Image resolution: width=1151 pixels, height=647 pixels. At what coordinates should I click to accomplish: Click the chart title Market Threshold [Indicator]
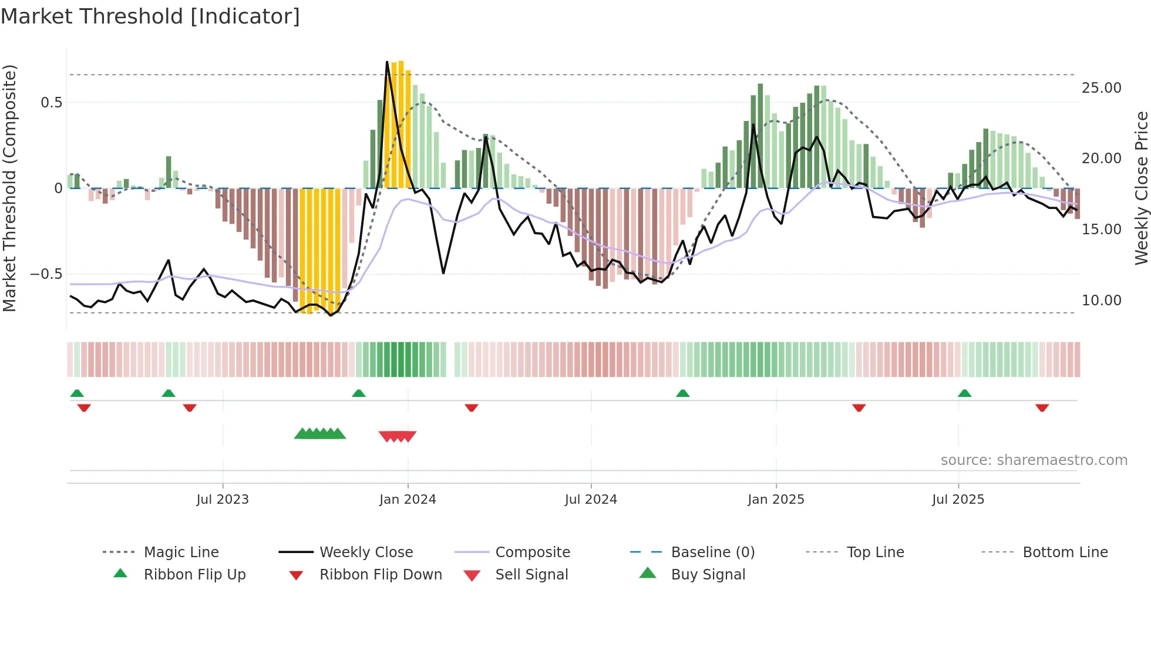(x=150, y=16)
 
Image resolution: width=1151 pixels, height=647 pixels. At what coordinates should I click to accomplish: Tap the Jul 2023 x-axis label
(x=223, y=499)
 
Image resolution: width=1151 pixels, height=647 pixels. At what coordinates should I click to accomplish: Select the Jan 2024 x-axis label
(x=408, y=499)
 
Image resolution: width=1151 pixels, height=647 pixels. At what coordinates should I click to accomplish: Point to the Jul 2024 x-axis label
(x=591, y=499)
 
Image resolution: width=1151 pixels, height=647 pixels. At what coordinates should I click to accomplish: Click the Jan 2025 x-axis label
(x=776, y=499)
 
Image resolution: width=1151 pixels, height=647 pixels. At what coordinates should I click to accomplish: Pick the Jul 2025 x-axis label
(x=958, y=499)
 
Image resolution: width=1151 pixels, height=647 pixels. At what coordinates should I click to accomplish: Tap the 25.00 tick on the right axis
(x=1101, y=88)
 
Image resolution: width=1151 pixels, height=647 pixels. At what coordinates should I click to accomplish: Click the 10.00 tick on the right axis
(x=1101, y=301)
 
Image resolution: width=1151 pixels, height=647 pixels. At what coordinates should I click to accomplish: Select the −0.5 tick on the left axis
(x=46, y=274)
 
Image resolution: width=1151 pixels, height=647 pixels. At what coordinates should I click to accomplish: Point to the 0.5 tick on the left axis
(x=51, y=103)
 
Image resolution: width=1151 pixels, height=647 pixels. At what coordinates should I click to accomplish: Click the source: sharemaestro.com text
(x=1034, y=460)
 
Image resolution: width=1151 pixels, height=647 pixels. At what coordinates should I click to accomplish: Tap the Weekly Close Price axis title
(x=1141, y=188)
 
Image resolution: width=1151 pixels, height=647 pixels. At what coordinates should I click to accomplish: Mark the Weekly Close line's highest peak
(x=387, y=62)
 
